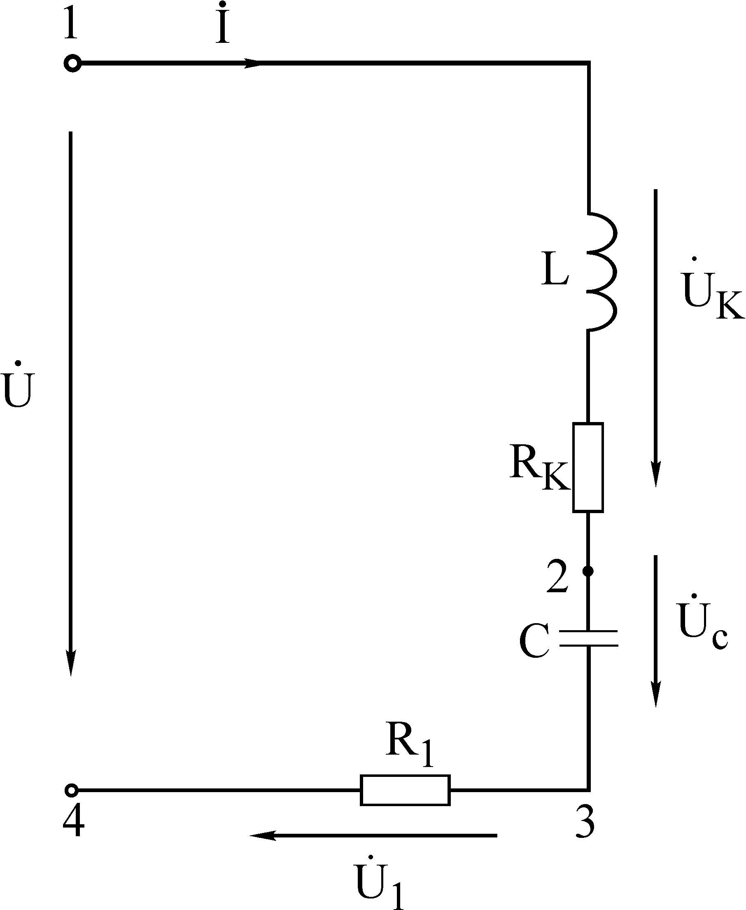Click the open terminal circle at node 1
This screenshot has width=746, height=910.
click(x=72, y=63)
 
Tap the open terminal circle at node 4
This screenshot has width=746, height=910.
click(x=71, y=790)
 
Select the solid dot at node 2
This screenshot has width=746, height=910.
click(x=588, y=571)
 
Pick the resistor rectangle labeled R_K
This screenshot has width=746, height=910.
click(x=588, y=467)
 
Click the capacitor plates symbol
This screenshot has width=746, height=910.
click(x=588, y=639)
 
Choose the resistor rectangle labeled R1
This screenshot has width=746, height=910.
click(x=405, y=790)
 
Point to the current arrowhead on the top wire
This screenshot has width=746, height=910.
click(x=252, y=63)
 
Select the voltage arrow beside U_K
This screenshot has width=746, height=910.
click(x=655, y=338)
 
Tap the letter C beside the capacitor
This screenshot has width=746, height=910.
click(x=534, y=641)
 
